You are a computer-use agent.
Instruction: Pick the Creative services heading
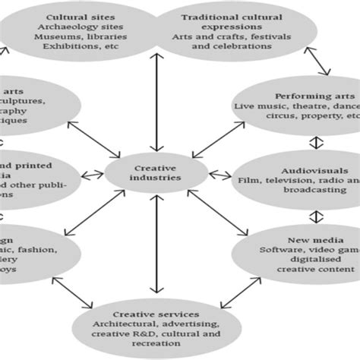(x=156, y=313)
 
